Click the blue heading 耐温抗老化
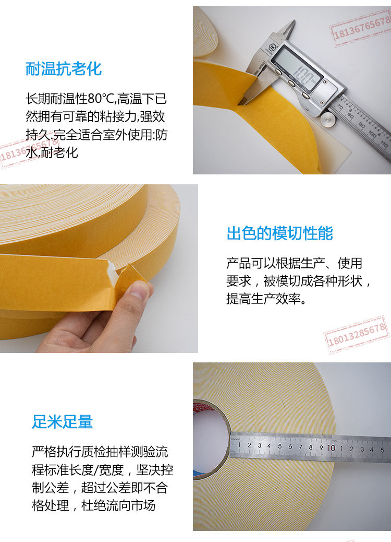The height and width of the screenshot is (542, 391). (x=64, y=69)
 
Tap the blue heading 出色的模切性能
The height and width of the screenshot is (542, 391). (x=279, y=233)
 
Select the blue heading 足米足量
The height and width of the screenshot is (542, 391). (x=63, y=422)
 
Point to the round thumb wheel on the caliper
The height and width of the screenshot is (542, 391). (x=328, y=119)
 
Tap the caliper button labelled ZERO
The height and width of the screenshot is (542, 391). (x=305, y=95)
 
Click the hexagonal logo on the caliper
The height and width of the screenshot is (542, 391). (x=272, y=46)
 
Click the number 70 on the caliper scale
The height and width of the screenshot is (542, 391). (x=340, y=108)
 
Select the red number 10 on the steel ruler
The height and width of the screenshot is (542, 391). (x=331, y=447)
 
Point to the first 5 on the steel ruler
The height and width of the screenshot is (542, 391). (x=280, y=446)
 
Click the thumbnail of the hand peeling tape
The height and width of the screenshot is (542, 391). (x=99, y=268)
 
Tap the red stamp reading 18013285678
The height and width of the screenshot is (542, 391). (x=357, y=334)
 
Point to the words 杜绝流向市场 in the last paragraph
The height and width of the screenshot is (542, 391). (x=118, y=505)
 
